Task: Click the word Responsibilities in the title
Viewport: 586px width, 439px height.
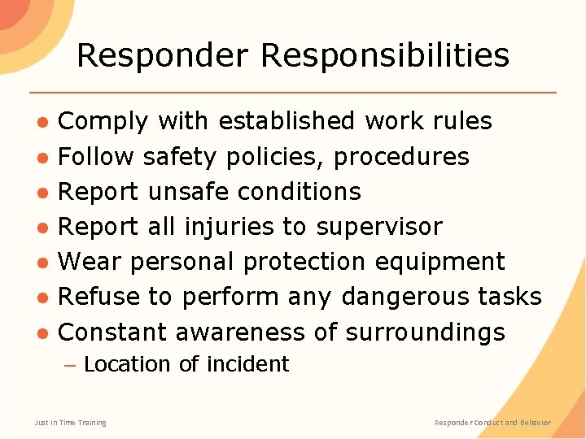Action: (x=385, y=55)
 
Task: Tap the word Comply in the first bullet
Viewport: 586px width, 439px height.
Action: (x=103, y=121)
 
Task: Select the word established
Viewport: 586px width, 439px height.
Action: (x=287, y=121)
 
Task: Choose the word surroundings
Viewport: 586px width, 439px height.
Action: (x=425, y=333)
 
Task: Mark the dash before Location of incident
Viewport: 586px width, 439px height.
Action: (x=70, y=365)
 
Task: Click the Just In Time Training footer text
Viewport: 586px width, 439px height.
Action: (x=70, y=422)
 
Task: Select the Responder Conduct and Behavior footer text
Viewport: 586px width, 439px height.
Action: (x=492, y=422)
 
